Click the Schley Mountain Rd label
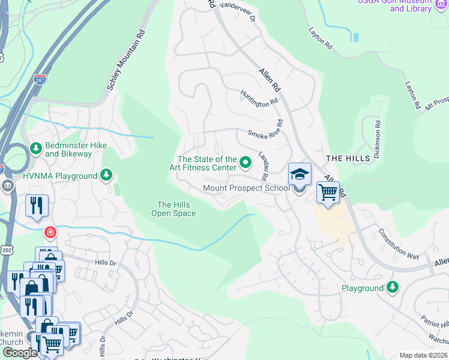tap(127, 60)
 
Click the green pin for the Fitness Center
tap(245, 161)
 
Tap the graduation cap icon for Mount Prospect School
tap(300, 174)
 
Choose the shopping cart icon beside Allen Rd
tap(328, 193)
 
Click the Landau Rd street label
tap(263, 166)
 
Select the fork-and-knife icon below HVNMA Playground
tap(37, 206)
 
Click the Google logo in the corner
tap(19, 353)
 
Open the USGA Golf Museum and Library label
tap(394, 5)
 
